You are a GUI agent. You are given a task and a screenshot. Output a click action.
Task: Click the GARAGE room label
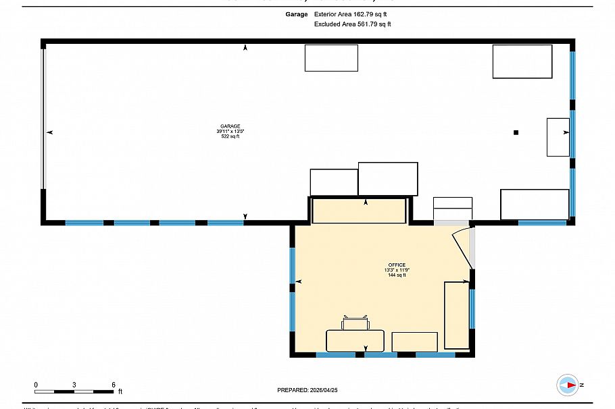coord(230,126)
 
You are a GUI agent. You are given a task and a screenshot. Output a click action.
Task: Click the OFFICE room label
coord(397,265)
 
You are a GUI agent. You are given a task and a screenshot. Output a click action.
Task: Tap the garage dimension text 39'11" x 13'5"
coord(230,131)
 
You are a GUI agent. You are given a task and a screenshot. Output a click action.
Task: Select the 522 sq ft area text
coord(230,136)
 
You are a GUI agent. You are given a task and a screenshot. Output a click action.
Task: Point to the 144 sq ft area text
coord(397,275)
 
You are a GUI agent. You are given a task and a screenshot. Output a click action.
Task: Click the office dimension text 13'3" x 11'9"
coord(397,270)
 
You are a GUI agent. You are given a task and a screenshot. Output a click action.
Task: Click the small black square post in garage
coord(516,132)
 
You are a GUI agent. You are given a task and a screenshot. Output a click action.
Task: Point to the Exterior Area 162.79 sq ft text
coord(352,13)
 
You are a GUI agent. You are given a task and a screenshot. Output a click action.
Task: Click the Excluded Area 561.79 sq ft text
coord(352,24)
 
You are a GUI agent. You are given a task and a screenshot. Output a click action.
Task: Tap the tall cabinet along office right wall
coord(456,315)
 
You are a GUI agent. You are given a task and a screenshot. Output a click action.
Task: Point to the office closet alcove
coord(359,210)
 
